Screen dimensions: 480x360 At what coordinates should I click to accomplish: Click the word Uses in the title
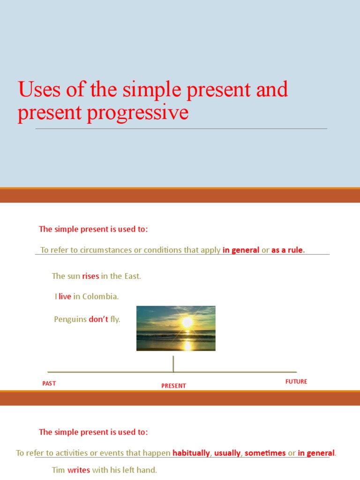[x=39, y=90]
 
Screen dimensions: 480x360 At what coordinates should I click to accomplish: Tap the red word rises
[x=90, y=276]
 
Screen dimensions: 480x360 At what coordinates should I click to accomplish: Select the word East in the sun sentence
[x=132, y=276]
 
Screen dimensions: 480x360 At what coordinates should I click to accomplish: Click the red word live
[x=65, y=297]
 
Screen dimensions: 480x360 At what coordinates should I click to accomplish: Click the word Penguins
[x=70, y=319]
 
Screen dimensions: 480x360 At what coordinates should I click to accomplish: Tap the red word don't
[x=98, y=319]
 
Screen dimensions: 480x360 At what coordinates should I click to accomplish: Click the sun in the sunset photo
[x=187, y=322]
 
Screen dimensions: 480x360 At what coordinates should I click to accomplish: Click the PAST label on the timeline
[x=49, y=383]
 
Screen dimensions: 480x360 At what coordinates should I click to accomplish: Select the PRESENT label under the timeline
[x=173, y=386]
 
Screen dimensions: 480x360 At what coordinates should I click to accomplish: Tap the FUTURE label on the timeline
[x=296, y=382]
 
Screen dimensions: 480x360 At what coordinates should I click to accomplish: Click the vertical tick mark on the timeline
[x=173, y=364]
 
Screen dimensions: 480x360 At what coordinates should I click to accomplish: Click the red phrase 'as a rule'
[x=288, y=250]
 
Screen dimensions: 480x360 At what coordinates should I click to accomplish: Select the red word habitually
[x=191, y=453]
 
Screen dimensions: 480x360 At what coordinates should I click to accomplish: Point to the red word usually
[x=227, y=453]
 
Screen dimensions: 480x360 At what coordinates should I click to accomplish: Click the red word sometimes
[x=265, y=453]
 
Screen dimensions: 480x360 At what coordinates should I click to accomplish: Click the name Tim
[x=58, y=470]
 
